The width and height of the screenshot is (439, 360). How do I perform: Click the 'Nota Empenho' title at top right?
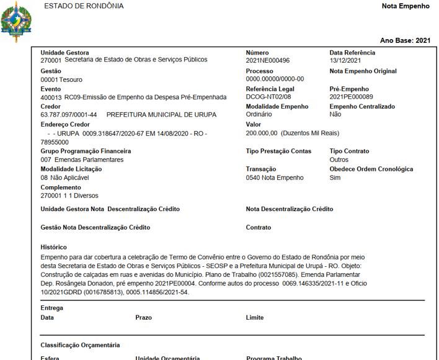click(x=406, y=6)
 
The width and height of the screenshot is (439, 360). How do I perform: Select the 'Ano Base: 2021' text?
click(x=405, y=40)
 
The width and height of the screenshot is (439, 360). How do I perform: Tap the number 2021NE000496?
click(x=268, y=61)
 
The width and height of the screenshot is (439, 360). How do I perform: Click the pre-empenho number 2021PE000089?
click(x=352, y=97)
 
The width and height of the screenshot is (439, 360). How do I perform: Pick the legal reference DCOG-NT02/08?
click(x=268, y=97)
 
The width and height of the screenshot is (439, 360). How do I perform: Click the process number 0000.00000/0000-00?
click(x=275, y=79)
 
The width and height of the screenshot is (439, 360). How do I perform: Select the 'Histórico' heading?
click(x=53, y=247)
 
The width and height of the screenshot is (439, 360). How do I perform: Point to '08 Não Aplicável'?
click(x=65, y=178)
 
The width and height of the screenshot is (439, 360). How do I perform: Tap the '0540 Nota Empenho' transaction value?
click(x=275, y=178)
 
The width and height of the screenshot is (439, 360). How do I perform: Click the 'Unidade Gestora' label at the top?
click(x=64, y=53)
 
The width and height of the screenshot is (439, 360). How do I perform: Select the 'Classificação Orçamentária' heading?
click(x=80, y=345)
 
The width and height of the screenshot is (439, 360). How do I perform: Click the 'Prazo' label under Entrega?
click(x=143, y=317)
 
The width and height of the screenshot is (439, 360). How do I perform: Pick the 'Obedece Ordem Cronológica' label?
click(x=371, y=169)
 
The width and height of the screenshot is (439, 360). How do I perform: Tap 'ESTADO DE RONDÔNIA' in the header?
click(x=84, y=6)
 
